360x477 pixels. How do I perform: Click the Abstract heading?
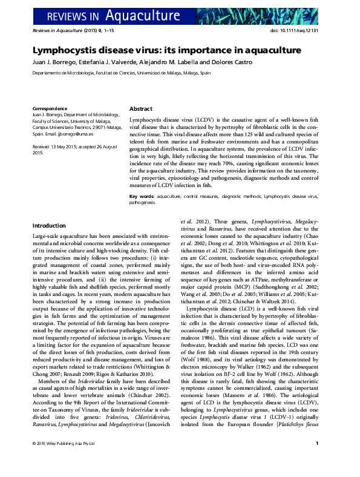pos(141,108)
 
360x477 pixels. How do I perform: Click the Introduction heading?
pos(49,226)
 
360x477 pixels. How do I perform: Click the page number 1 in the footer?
pos(317,461)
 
